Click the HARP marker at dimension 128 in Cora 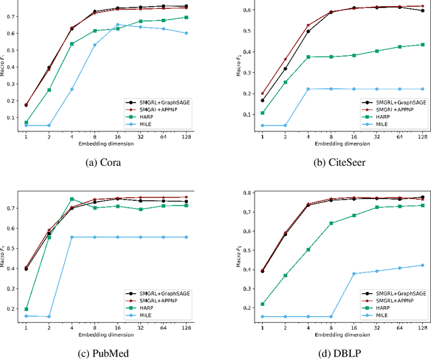[x=187, y=18]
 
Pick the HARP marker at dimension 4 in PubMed [x=71, y=199]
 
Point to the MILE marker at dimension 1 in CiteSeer [x=262, y=125]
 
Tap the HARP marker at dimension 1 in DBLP [x=262, y=304]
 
